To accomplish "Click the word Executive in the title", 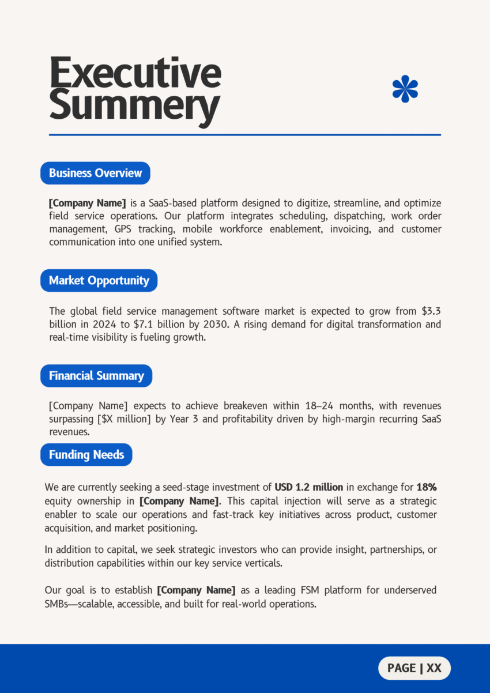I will point(135,73).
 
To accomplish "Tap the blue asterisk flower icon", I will point(405,89).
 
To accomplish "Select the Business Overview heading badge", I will point(95,173).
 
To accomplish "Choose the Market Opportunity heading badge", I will point(99,280).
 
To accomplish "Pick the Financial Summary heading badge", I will point(96,376).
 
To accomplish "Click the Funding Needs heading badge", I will point(86,454).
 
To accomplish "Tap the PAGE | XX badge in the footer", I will point(414,668).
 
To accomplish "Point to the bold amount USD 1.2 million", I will point(308,487).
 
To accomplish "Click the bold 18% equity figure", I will point(426,487).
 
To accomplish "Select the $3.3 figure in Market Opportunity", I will point(431,311).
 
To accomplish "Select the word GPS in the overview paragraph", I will point(123,229).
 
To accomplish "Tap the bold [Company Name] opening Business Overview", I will point(87,203).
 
